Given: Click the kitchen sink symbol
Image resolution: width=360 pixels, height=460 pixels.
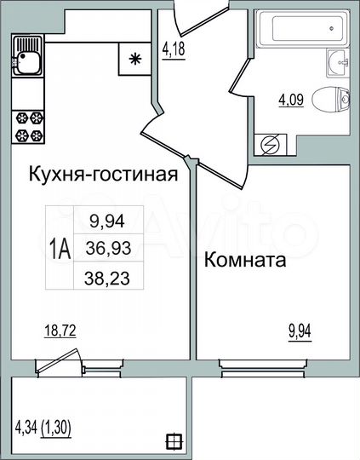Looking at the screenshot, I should (26, 59).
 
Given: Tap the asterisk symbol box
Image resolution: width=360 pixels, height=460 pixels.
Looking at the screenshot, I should (134, 59).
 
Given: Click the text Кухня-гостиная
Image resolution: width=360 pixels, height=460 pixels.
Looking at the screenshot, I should (102, 175).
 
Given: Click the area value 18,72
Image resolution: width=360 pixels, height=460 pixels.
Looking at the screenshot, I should (60, 332).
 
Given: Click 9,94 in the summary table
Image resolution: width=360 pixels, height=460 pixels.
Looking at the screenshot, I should (106, 221).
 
